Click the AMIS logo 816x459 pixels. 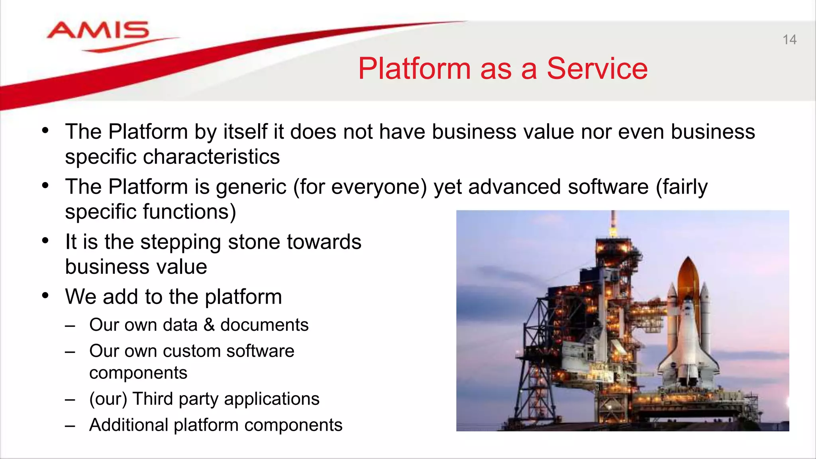click(98, 32)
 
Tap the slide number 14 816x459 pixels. click(789, 40)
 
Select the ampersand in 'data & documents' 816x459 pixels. click(209, 325)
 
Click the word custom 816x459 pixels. click(191, 351)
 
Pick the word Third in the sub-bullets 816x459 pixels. click(153, 399)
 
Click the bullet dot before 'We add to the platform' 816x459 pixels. click(45, 296)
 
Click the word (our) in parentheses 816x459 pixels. click(108, 399)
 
